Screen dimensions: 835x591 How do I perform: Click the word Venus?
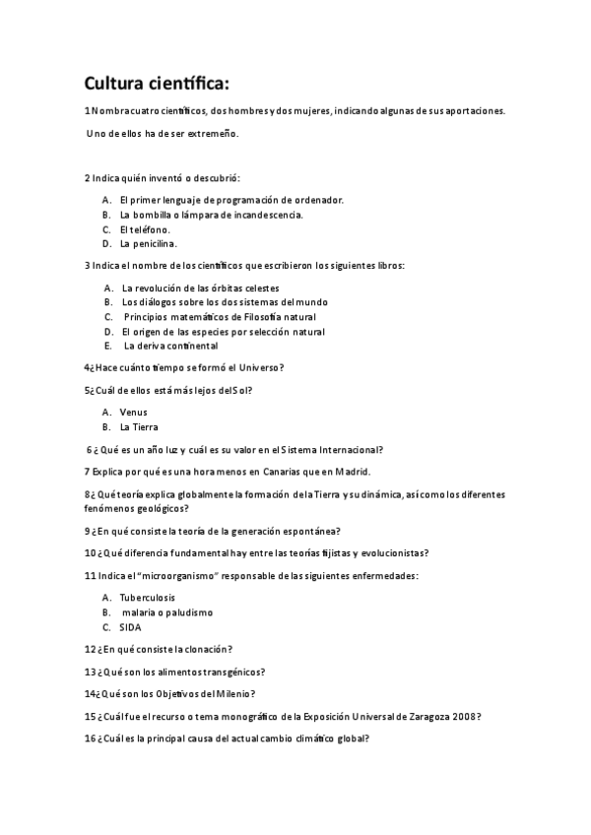pos(133,412)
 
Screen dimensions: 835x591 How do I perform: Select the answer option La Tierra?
pos(138,427)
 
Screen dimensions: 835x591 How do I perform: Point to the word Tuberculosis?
pos(148,598)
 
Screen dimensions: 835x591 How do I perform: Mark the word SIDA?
pos(130,626)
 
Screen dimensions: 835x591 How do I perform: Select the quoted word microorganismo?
pos(185,575)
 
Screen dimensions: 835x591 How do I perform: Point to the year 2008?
pos(466,716)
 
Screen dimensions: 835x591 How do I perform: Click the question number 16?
pos(89,739)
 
